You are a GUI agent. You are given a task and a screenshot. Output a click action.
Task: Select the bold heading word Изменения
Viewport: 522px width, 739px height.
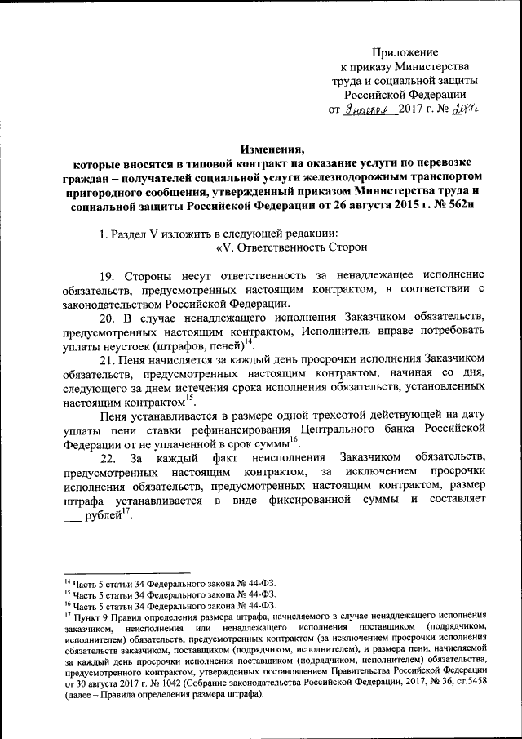pos(270,149)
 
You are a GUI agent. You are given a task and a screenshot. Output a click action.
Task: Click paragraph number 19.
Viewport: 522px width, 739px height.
pos(108,275)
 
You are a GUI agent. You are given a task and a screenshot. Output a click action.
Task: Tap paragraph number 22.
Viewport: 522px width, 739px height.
pos(108,458)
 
